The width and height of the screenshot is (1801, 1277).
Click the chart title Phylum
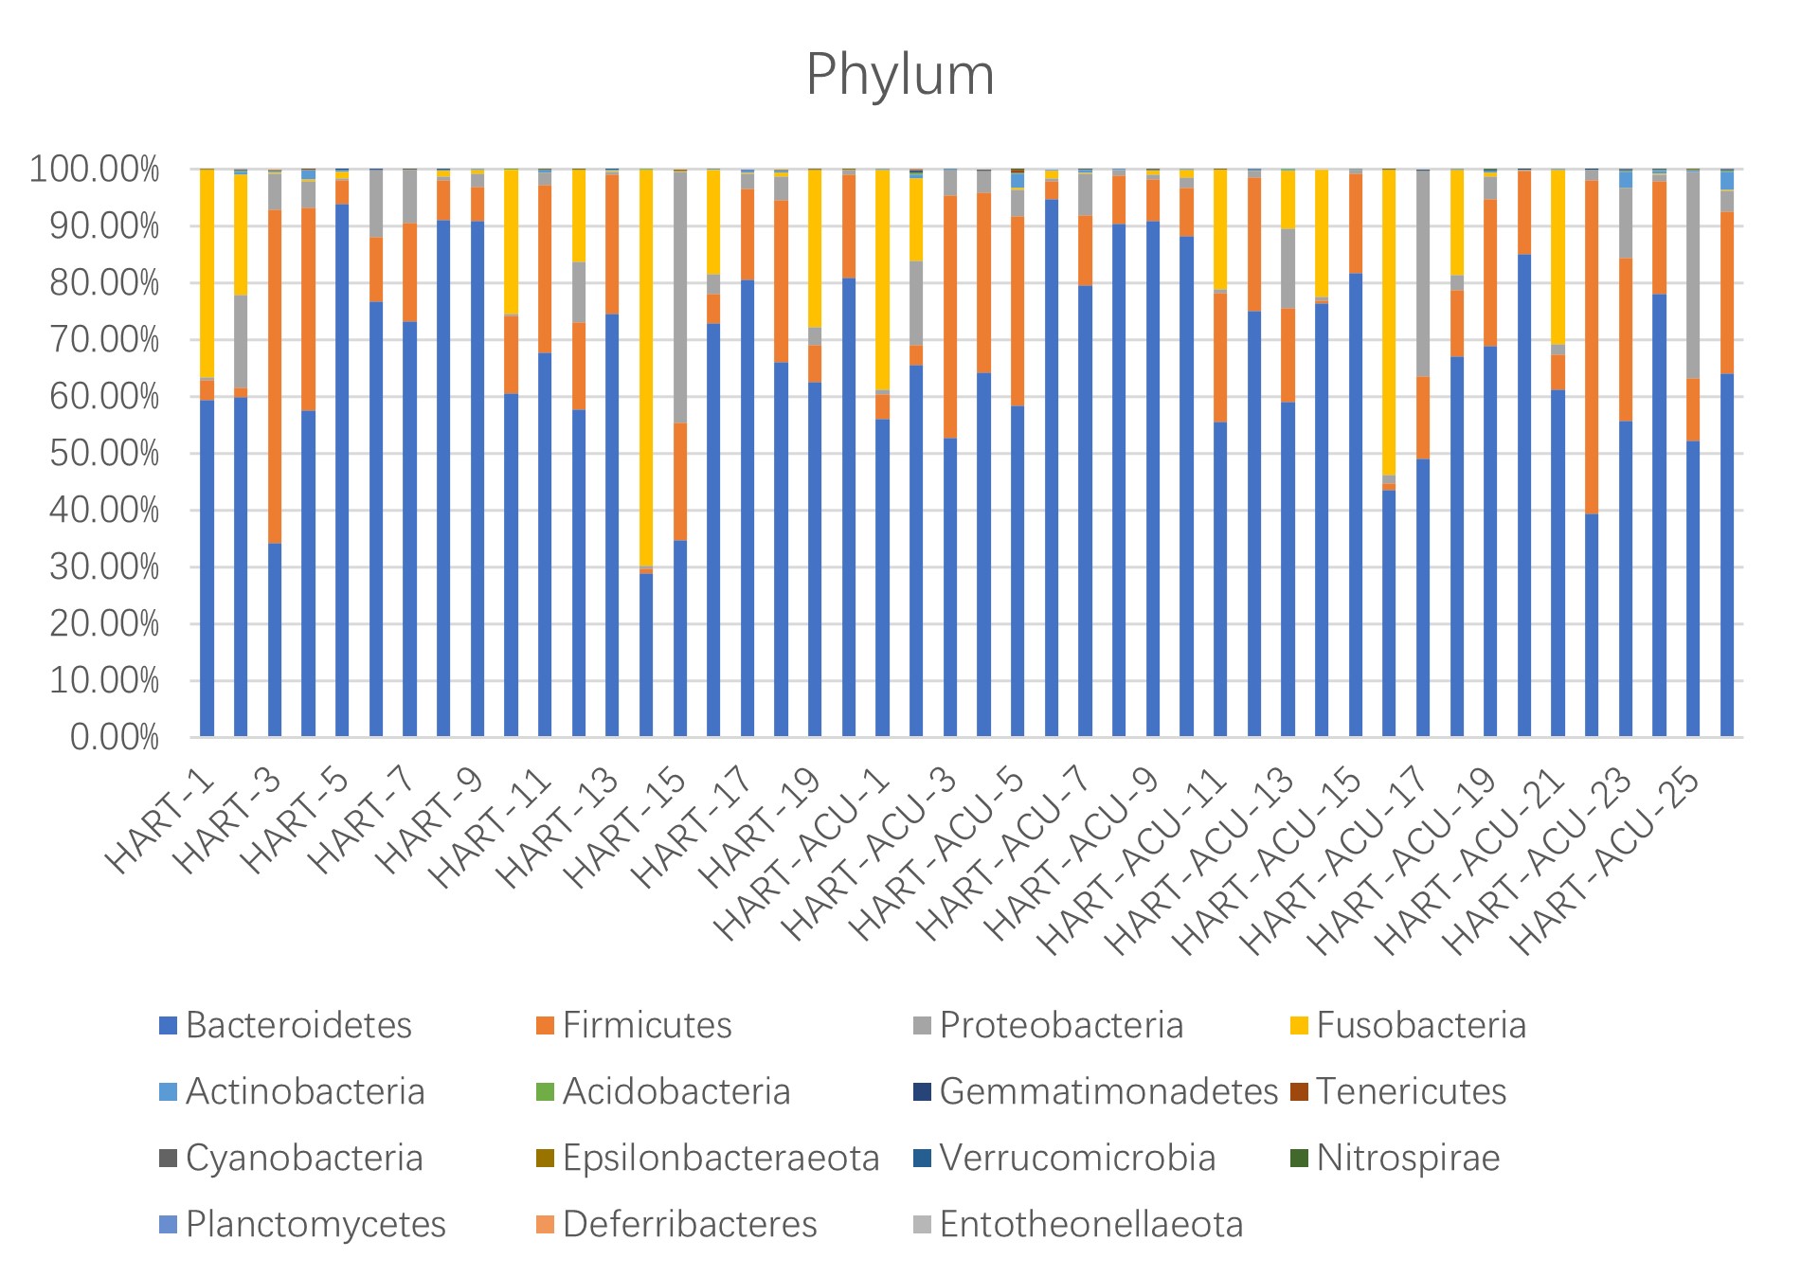[900, 75]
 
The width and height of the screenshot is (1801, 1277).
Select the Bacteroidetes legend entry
[298, 1025]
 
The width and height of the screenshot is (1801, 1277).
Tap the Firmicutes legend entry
[646, 1025]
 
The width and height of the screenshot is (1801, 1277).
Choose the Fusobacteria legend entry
[1420, 1025]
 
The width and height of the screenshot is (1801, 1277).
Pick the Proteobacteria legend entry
[1061, 1025]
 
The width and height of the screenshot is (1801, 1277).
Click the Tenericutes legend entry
[1411, 1091]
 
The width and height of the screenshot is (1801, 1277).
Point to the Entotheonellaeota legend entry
[1090, 1224]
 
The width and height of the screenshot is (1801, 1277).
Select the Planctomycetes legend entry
[315, 1224]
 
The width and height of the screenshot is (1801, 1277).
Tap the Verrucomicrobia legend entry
[1077, 1158]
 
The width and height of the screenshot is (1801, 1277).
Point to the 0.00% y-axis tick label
[114, 737]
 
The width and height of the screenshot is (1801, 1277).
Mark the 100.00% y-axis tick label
[95, 171]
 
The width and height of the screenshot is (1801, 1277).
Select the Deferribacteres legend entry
[689, 1224]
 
